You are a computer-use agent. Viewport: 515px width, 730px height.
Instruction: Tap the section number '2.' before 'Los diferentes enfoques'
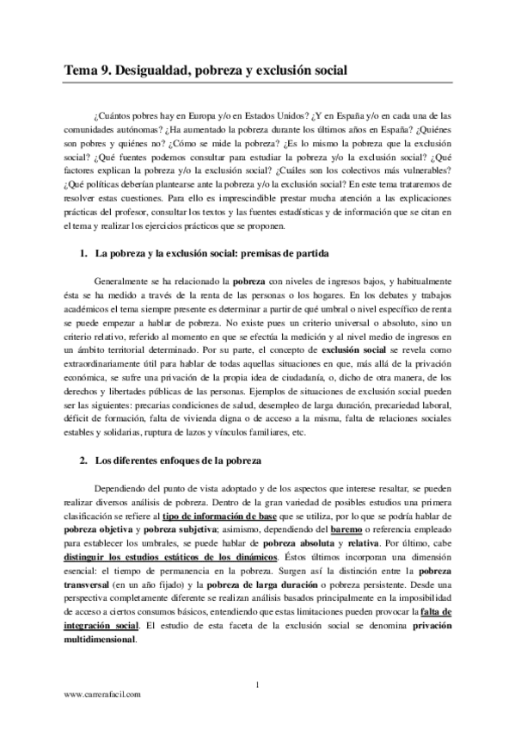tap(83, 461)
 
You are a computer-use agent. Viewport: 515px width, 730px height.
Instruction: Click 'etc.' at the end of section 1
tap(297, 433)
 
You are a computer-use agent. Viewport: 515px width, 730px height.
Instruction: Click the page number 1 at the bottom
tap(259, 685)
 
